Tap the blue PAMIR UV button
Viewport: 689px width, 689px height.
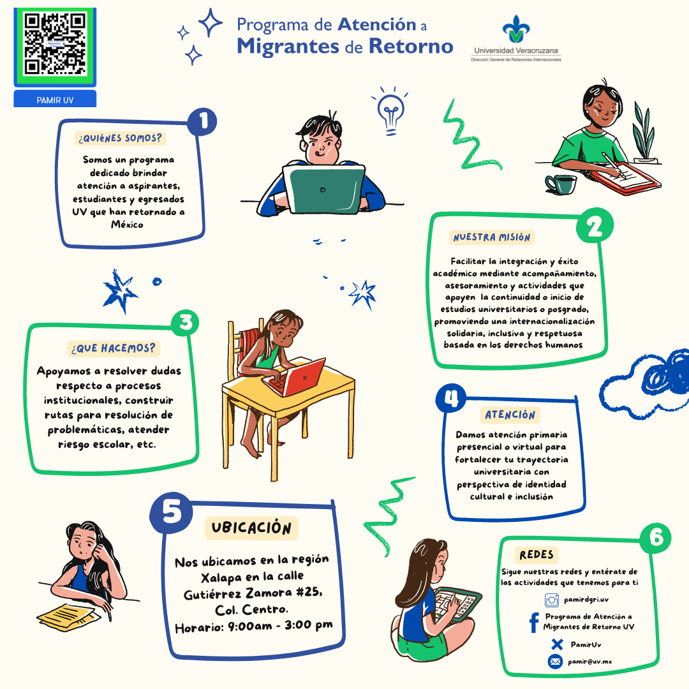(x=55, y=99)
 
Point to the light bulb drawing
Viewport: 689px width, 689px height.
(x=390, y=112)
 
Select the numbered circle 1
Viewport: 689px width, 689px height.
(x=202, y=122)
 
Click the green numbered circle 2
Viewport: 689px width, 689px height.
(x=595, y=226)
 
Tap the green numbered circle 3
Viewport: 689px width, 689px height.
(x=185, y=323)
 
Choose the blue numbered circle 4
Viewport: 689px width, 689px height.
(x=451, y=398)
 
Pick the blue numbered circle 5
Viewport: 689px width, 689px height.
(x=171, y=512)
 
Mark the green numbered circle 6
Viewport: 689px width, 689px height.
(x=655, y=538)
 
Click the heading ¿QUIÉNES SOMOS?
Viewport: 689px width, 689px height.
(x=120, y=138)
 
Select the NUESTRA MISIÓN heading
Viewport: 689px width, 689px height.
(x=492, y=237)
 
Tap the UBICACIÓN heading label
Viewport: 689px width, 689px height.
(x=251, y=528)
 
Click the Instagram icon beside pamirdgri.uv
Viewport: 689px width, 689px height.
(x=551, y=600)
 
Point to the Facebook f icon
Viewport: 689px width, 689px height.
(x=534, y=623)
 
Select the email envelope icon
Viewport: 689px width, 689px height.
(x=556, y=662)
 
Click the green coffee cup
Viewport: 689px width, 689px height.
(x=561, y=184)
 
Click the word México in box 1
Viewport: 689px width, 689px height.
(x=127, y=225)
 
